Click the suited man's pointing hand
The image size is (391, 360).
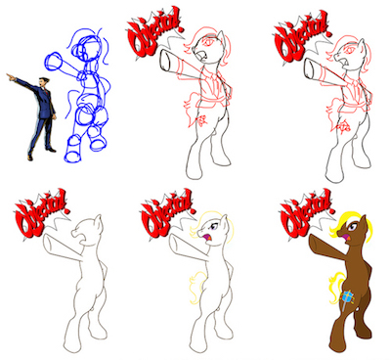(x=10, y=77)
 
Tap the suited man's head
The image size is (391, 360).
(x=43, y=81)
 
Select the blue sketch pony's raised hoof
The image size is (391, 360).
(x=53, y=61)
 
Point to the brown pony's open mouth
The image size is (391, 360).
(x=348, y=240)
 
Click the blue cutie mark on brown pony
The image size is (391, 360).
(x=347, y=297)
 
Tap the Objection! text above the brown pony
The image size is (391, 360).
(x=306, y=212)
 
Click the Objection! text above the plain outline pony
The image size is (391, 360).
(x=41, y=212)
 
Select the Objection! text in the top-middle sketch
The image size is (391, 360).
(x=154, y=32)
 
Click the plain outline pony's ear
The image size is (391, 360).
(x=99, y=222)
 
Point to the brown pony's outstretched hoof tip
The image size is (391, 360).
(x=310, y=240)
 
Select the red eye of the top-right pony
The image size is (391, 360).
(x=350, y=50)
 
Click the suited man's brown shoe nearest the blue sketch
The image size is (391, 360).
(x=52, y=150)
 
